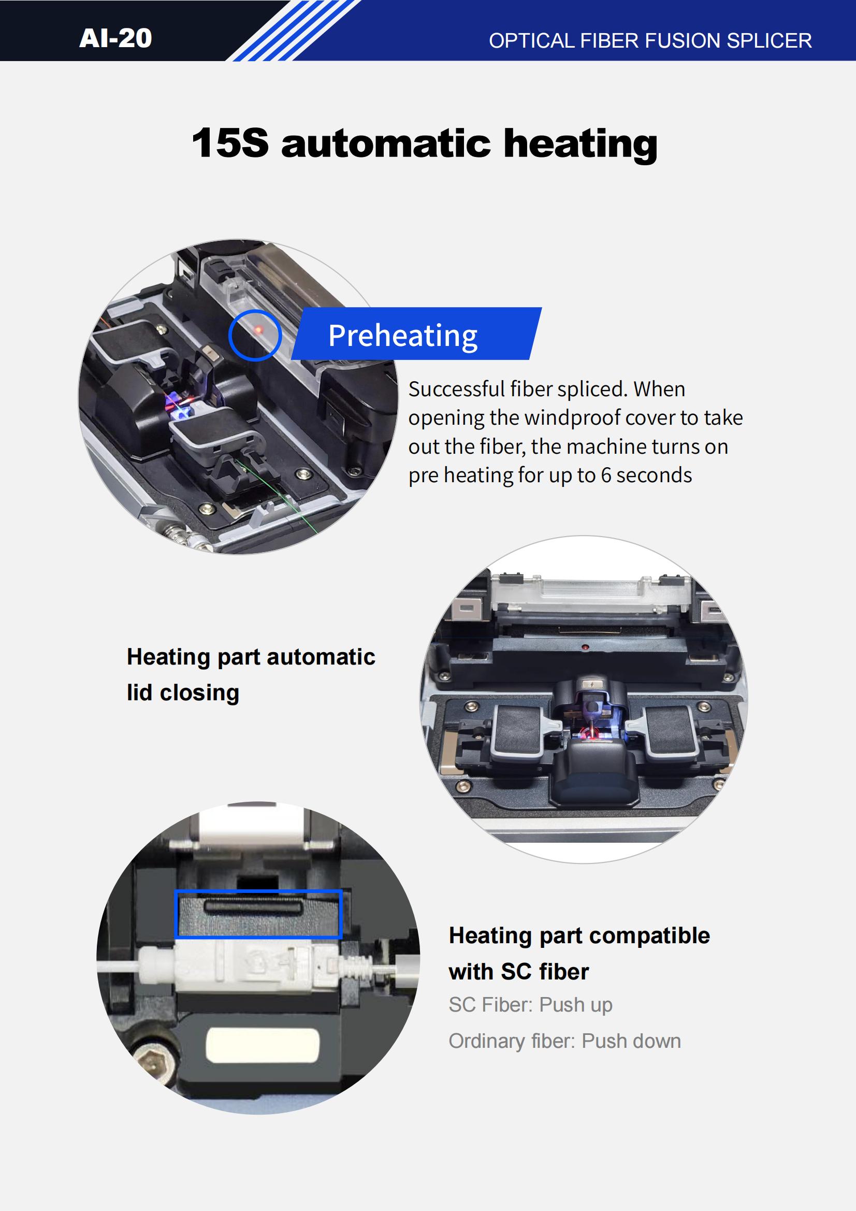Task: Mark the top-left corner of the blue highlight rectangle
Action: [175, 890]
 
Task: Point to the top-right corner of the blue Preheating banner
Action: [542, 308]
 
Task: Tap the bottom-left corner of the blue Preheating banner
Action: [291, 359]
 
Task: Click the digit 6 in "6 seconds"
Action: [606, 475]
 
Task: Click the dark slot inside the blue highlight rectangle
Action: [254, 906]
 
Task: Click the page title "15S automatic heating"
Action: [425, 143]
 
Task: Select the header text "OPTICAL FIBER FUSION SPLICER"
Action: [650, 41]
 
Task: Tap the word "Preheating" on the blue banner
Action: [403, 336]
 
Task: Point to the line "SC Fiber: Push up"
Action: [531, 1005]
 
